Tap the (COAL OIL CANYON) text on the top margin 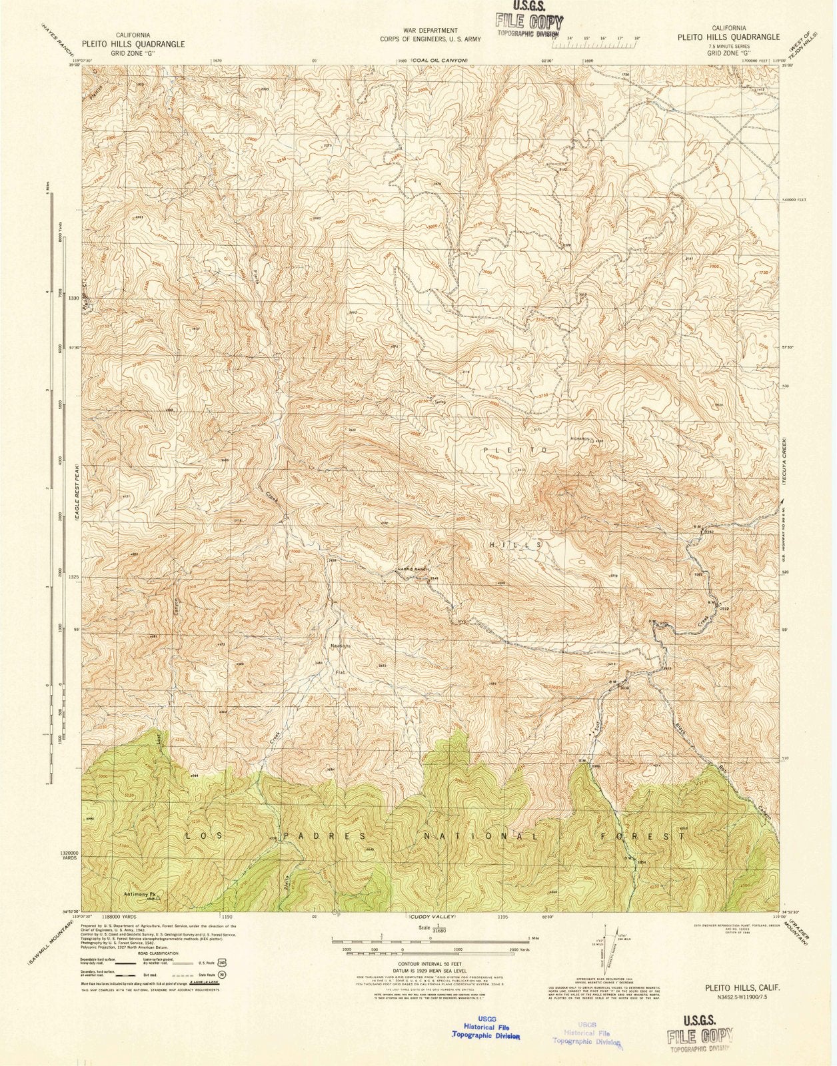click(439, 61)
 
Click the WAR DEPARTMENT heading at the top click(430, 31)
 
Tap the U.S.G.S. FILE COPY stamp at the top click(528, 21)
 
